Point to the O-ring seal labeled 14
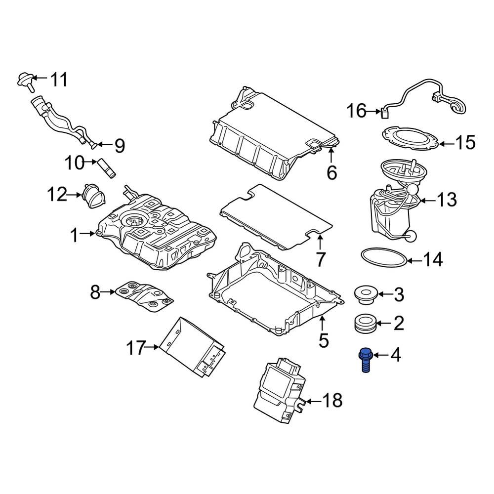pyautogui.click(x=384, y=258)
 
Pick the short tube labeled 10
pyautogui.click(x=107, y=167)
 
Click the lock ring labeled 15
pyautogui.click(x=411, y=138)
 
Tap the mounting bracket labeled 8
pyautogui.click(x=145, y=296)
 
